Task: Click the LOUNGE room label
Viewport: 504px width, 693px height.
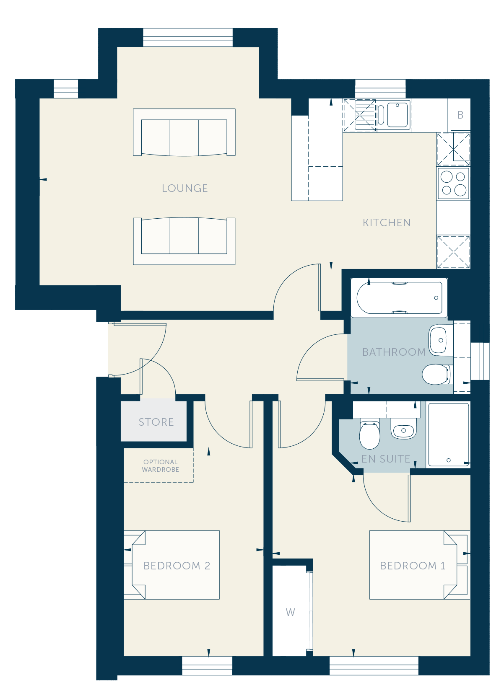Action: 184,188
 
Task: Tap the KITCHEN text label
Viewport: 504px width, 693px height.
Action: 387,222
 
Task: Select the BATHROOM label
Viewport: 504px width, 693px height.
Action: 394,352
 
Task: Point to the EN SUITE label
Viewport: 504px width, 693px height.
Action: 386,458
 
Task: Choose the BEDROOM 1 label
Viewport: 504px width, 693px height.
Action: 413,566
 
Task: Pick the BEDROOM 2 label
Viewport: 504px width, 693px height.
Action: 177,566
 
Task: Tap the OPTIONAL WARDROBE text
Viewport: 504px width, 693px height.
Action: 160,465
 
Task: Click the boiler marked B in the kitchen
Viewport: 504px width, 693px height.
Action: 460,115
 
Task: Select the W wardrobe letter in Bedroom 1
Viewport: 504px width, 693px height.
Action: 291,612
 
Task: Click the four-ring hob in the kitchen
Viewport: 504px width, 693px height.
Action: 453,183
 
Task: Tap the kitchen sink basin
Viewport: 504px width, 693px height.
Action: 397,115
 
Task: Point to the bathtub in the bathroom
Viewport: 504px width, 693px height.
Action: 399,298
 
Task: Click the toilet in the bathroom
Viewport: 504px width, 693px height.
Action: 436,374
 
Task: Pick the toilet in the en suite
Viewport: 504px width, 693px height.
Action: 369,434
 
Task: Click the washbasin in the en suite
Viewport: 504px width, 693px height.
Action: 403,429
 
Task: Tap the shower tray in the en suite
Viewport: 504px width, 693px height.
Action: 448,434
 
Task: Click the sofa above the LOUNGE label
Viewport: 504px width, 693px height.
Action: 184,132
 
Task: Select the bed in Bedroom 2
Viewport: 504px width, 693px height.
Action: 171,565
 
